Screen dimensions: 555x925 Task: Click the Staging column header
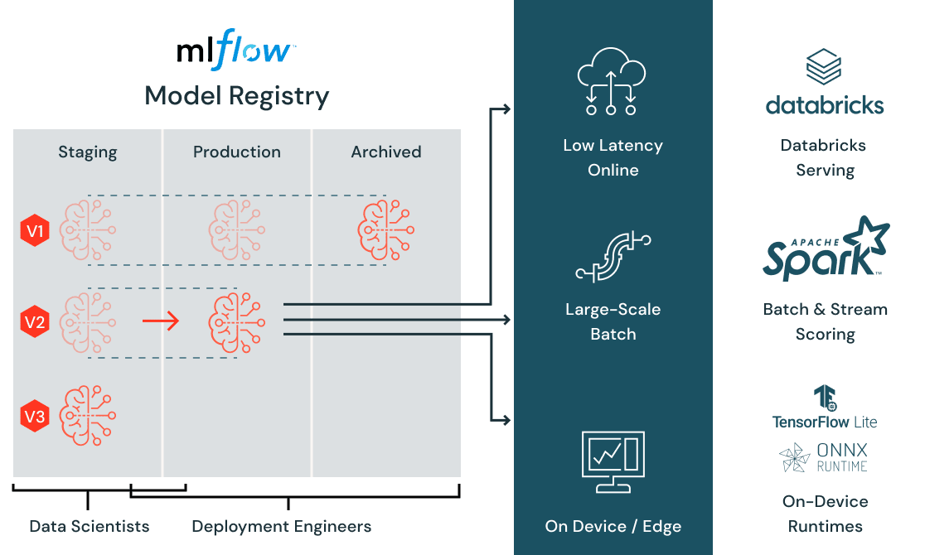(87, 152)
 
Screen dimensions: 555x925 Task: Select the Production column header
(237, 152)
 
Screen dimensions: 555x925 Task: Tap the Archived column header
(386, 152)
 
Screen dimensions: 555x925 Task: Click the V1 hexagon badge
(35, 231)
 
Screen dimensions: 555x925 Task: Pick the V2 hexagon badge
(35, 322)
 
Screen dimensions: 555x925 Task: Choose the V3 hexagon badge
(35, 417)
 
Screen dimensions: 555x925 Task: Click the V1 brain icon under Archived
(386, 230)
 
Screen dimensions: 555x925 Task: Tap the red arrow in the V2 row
(161, 321)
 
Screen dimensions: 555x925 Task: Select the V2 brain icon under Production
(237, 321)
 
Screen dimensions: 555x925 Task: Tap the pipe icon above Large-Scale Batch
(613, 257)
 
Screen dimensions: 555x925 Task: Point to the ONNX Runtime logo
(824, 457)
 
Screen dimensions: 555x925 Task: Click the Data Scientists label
(89, 527)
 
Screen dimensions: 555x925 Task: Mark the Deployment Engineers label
(281, 527)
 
